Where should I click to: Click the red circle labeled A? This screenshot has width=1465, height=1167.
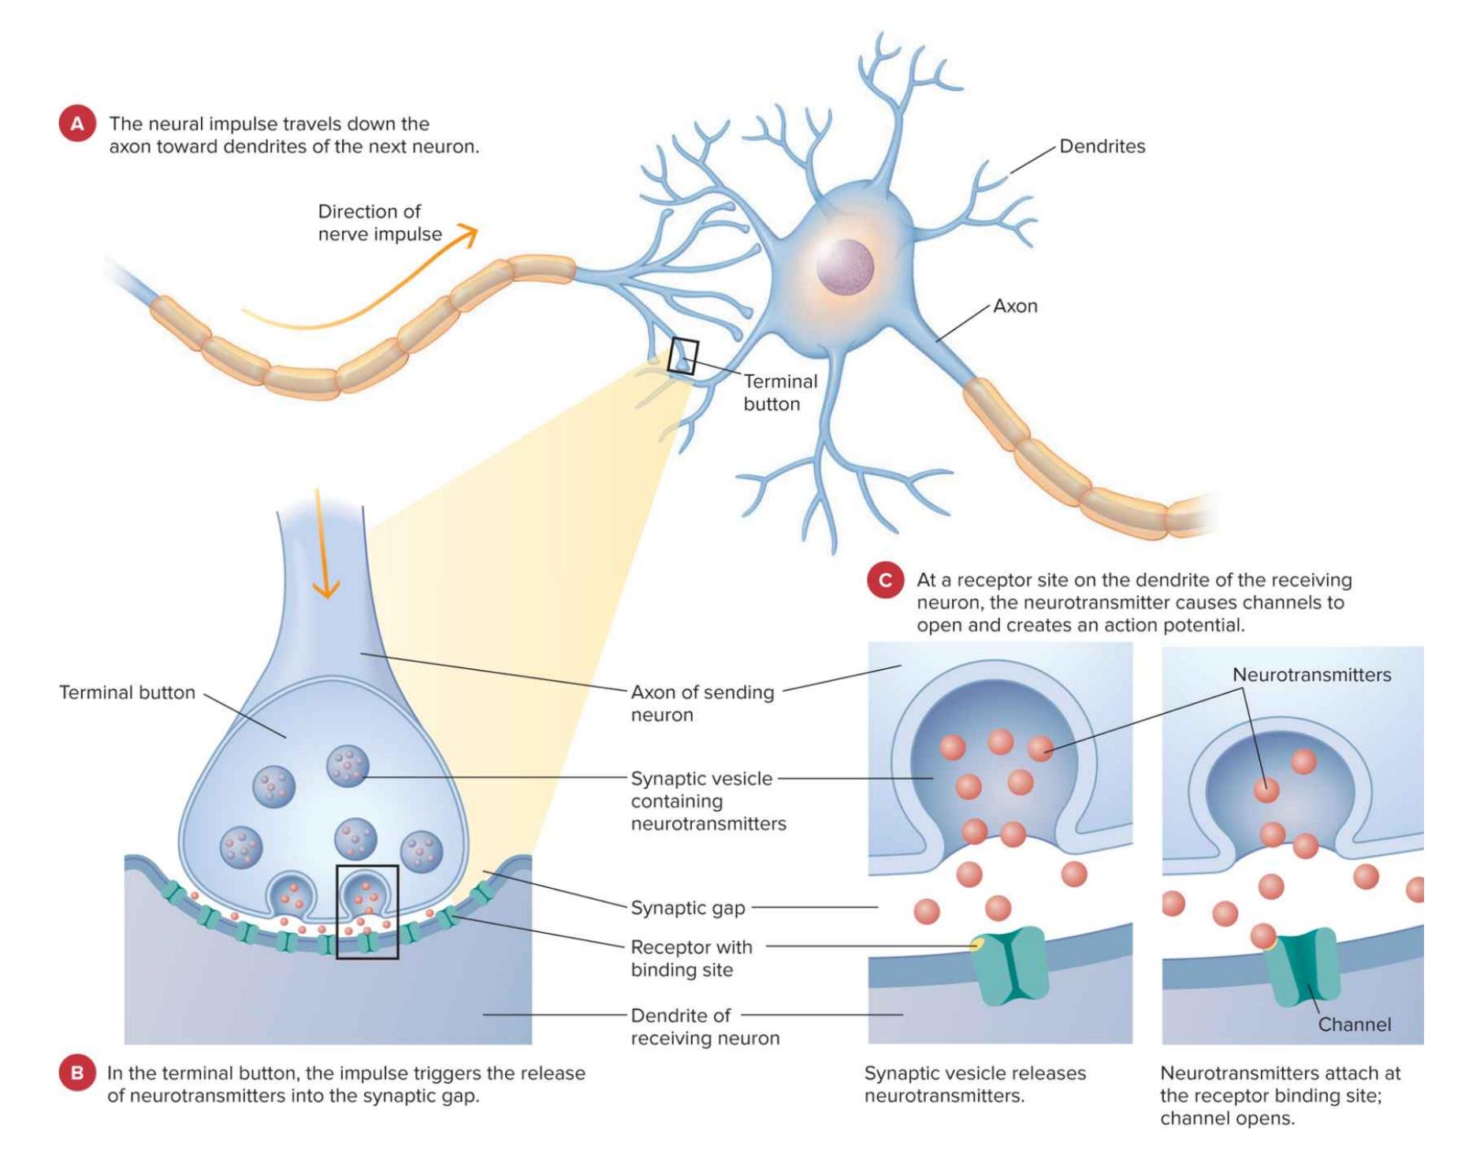77,124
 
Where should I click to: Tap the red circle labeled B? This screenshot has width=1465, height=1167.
77,1073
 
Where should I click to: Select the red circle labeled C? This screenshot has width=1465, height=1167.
885,581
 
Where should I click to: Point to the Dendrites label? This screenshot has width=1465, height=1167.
1102,147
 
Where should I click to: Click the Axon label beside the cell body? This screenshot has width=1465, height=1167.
1015,307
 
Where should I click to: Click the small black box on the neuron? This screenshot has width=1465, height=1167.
682,356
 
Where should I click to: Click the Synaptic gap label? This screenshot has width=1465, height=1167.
688,908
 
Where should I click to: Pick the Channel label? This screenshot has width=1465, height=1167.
1354,1024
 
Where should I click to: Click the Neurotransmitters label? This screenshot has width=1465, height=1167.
1311,675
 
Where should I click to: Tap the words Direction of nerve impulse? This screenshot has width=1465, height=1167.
379,223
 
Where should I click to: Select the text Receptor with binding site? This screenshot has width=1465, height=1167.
691,958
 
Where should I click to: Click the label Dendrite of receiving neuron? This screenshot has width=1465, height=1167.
705,1027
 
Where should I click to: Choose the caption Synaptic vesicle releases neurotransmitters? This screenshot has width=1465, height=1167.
974,1084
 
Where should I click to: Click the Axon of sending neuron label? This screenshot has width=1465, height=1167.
701,704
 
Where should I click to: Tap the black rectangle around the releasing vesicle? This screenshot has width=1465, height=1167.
367,912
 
